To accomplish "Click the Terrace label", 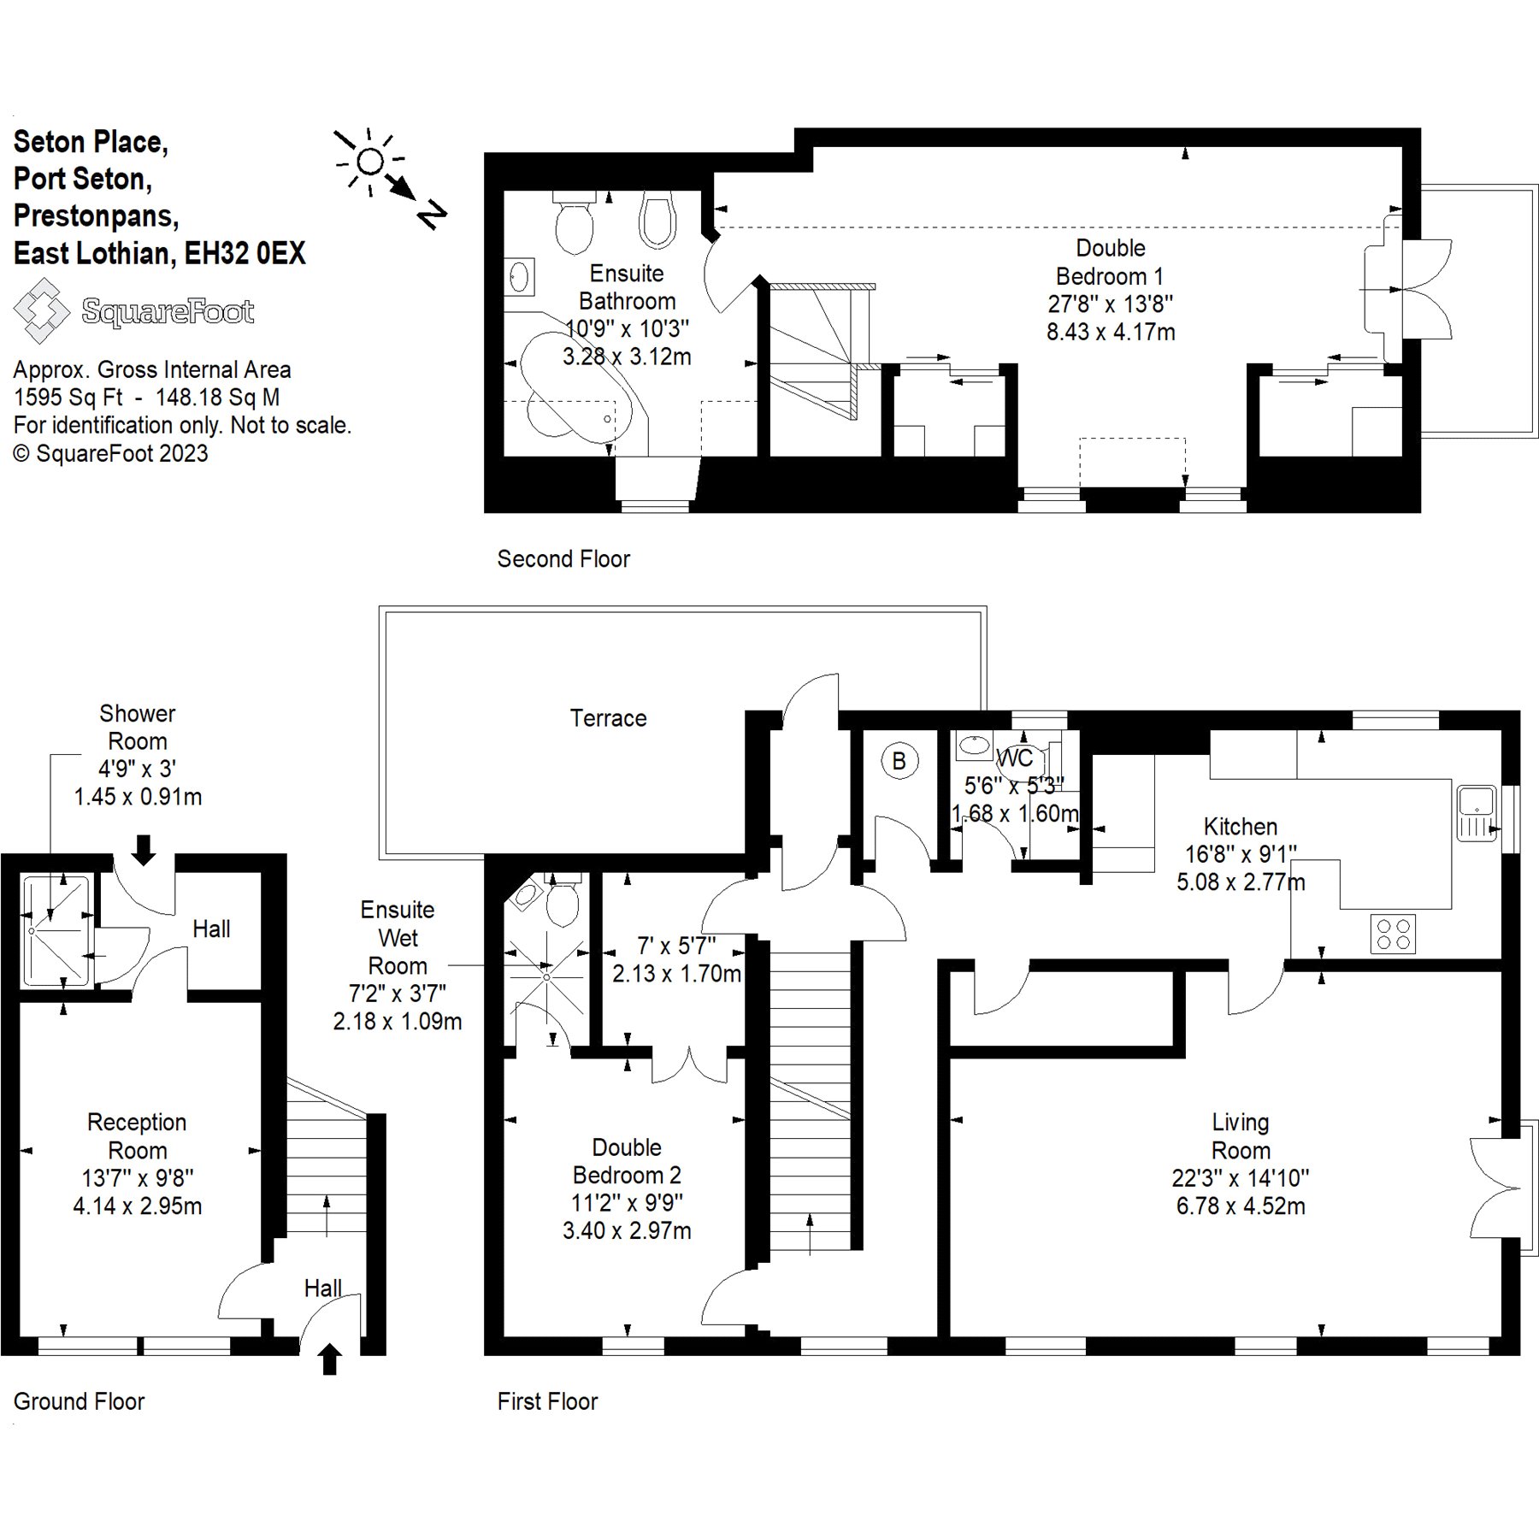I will point(608,718).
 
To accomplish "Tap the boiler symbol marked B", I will point(899,761).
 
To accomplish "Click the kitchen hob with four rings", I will point(1393,934).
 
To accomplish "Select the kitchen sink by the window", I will point(1477,813).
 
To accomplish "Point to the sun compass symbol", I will point(370,161).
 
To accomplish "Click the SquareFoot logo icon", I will point(41,311).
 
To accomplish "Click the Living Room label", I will point(1241,1135).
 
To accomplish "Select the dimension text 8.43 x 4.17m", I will point(1111,332).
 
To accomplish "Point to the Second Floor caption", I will point(563,559).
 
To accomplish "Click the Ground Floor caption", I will point(80,1401).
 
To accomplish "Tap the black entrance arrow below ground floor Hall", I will point(330,1359).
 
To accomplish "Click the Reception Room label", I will point(137,1135).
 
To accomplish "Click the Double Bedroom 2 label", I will point(627,1161).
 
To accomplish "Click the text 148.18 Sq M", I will point(218,398).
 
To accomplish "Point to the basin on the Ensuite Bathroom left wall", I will point(518,277).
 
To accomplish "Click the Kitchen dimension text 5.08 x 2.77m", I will point(1241,882).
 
